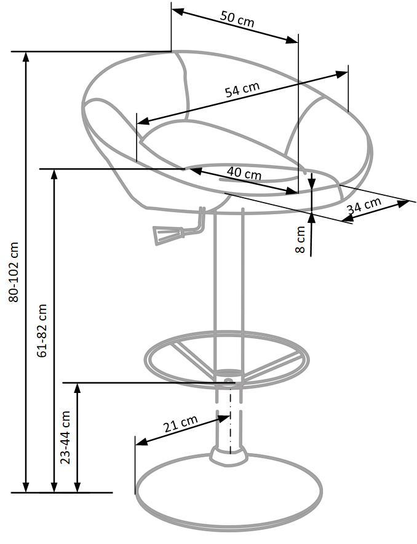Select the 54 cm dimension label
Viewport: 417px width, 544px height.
click(242, 90)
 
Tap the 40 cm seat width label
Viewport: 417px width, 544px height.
click(244, 173)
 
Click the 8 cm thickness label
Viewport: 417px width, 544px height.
click(300, 239)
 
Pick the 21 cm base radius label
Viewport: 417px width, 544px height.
click(180, 424)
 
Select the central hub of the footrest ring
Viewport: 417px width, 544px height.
click(229, 374)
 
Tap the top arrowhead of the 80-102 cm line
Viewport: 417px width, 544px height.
click(26, 56)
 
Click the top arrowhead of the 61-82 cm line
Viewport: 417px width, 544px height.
click(54, 174)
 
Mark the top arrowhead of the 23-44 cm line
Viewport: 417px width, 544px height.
click(77, 387)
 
